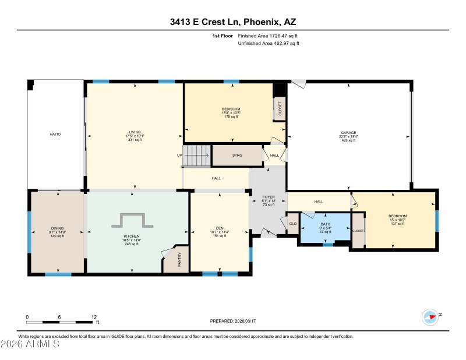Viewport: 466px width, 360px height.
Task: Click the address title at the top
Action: coord(232,22)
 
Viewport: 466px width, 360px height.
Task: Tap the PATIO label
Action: coord(55,134)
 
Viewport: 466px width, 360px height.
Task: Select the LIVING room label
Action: coord(135,132)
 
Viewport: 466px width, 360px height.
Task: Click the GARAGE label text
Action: coord(348,133)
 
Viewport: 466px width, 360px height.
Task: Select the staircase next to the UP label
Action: coord(197,156)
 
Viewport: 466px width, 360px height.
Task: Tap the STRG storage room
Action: coord(236,156)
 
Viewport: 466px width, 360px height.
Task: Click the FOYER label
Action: coord(268,197)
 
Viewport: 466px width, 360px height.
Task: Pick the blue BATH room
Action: coord(324,227)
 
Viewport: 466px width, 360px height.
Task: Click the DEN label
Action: coord(219,228)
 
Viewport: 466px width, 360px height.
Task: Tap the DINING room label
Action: coord(57,228)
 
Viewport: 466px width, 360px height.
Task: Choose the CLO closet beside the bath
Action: coord(292,223)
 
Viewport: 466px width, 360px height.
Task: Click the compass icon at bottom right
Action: coord(430,317)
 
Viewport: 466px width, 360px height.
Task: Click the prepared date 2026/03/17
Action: coord(233,321)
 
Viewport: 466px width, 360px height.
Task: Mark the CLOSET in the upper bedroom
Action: coord(280,109)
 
